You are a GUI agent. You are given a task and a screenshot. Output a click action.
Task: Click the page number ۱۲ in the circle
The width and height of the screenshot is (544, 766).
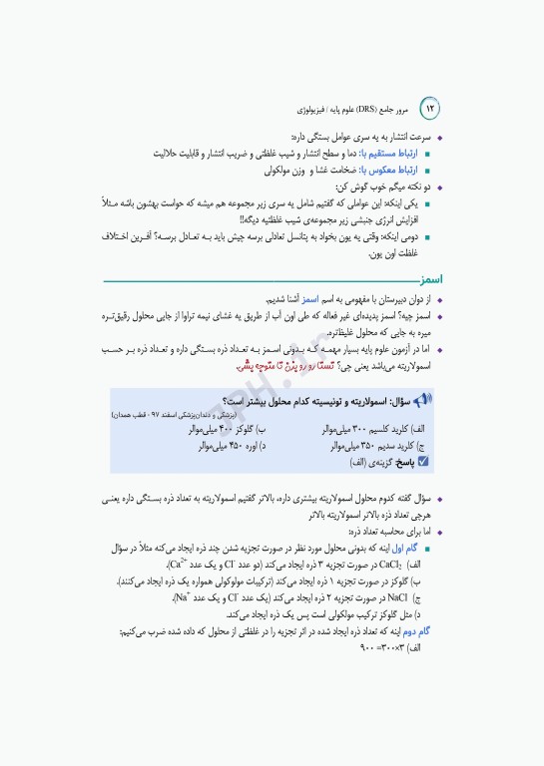431,107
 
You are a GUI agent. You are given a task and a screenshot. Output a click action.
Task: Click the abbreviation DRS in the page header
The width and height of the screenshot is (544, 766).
381,107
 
